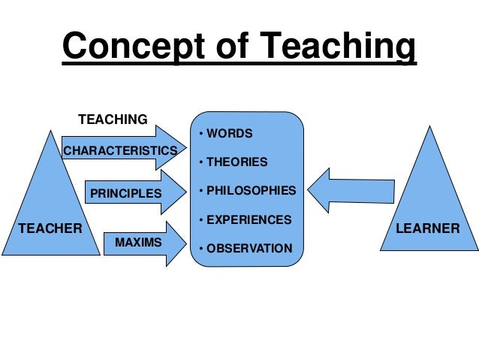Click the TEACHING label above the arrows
coord(113,119)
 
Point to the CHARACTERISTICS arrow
coord(120,150)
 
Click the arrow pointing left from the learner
coord(349,190)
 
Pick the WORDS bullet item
coord(228,134)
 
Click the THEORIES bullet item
coord(235,162)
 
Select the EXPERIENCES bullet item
coord(244,219)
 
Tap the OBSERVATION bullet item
coord(245,248)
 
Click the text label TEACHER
coord(50,228)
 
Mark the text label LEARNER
coord(430,228)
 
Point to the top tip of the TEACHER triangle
coord(50,132)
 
